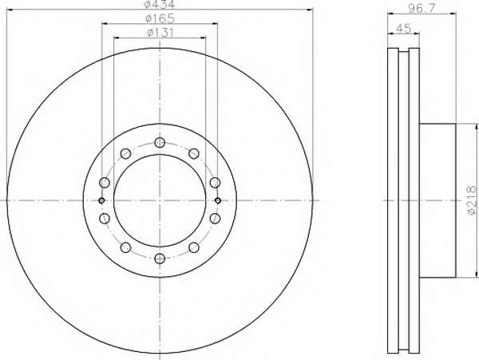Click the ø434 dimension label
click(x=160, y=4)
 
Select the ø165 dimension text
click(x=160, y=18)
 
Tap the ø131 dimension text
click(x=160, y=33)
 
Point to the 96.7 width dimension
click(x=422, y=9)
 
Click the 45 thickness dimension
click(x=403, y=29)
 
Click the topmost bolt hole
click(x=160, y=142)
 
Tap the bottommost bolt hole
click(x=160, y=259)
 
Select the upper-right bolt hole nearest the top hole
click(x=194, y=153)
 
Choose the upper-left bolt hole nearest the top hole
click(x=125, y=153)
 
